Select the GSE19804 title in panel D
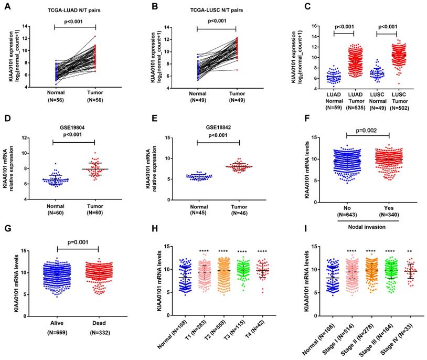tap(76, 128)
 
